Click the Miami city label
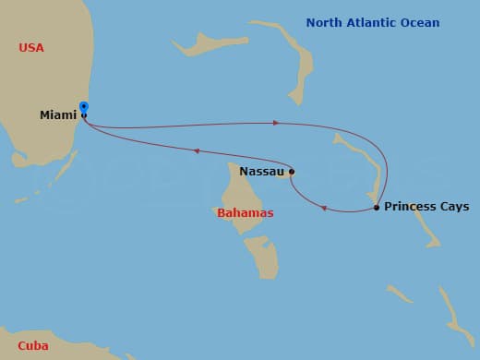tap(58, 115)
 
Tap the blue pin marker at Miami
tap(84, 107)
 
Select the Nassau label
tap(261, 171)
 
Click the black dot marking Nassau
tap(292, 171)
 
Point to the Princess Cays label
tap(426, 207)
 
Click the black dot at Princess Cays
tap(377, 208)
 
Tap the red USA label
tap(31, 47)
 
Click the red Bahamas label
tap(245, 213)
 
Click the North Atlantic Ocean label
tap(373, 23)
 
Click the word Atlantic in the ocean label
tap(374, 23)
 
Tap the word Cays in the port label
tap(453, 207)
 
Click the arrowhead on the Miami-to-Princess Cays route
tap(274, 122)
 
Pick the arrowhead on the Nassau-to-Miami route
tap(196, 151)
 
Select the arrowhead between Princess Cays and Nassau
tap(324, 208)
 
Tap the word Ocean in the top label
tap(422, 23)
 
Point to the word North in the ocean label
tap(324, 23)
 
